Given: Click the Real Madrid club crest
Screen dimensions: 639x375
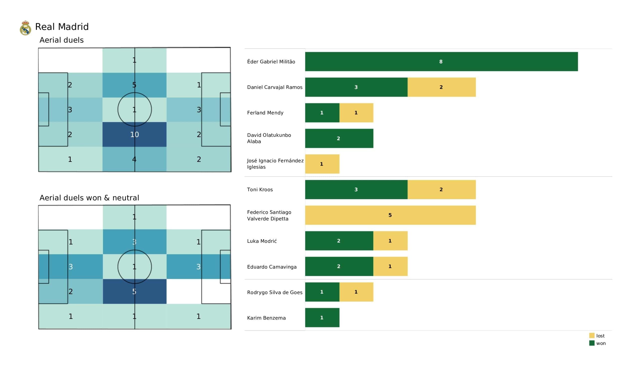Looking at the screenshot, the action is tap(25, 28).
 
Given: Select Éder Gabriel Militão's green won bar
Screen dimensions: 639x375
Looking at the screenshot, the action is tap(441, 62).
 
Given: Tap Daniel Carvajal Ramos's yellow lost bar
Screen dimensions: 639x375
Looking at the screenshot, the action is tap(442, 87).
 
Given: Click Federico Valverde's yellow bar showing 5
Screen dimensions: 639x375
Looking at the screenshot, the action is tap(390, 215).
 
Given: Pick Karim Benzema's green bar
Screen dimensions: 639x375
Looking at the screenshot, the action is tap(322, 317).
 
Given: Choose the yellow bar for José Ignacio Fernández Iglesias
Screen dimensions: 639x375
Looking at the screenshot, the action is tap(322, 164).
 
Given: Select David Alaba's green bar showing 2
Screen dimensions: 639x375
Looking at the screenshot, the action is tap(339, 138).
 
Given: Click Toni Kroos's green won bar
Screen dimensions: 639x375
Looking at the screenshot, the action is tap(356, 189).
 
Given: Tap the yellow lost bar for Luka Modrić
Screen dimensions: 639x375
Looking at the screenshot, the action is tap(390, 241).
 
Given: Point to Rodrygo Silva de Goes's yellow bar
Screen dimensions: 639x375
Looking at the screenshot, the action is tap(356, 292).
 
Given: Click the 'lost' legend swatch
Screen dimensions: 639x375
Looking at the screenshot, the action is tap(592, 335).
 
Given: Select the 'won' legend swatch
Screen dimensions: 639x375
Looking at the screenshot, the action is tap(592, 343).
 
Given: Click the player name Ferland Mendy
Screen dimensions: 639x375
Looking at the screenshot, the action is tap(265, 113).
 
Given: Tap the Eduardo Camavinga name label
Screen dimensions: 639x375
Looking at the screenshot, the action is tap(272, 267).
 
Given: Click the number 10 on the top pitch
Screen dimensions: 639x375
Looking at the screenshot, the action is tap(134, 135).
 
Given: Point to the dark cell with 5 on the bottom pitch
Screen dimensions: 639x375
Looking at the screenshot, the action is tap(135, 291).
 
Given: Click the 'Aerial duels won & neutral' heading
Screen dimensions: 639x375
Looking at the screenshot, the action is tap(89, 198).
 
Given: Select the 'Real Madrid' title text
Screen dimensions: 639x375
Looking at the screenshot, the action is tap(62, 27).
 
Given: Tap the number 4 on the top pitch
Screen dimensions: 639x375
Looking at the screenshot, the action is tap(134, 159).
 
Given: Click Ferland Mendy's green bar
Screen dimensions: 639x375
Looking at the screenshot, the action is tap(322, 113).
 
